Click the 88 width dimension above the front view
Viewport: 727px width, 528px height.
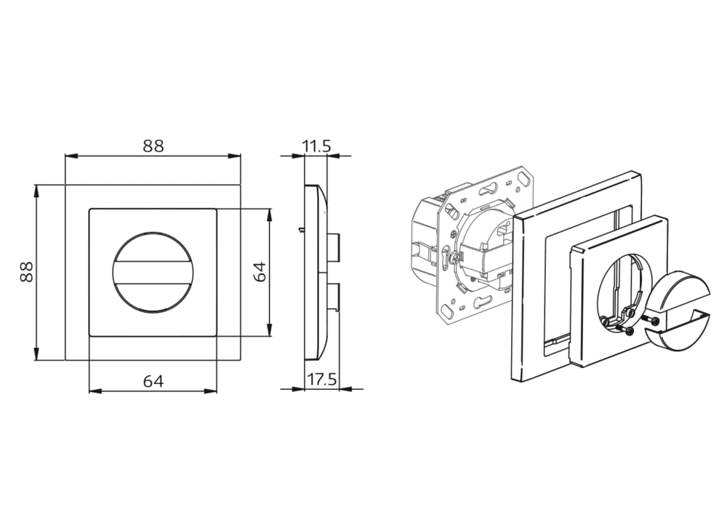[x=153, y=145]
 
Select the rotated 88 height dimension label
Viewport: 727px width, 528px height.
[x=26, y=272]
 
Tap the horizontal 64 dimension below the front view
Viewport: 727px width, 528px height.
[x=153, y=381]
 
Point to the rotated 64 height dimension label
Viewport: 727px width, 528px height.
[x=260, y=271]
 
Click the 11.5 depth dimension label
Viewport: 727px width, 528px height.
[x=317, y=146]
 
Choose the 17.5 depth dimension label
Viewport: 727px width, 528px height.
[x=322, y=380]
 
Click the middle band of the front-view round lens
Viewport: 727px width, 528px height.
[x=153, y=272]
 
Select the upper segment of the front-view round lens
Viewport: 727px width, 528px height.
[x=153, y=247]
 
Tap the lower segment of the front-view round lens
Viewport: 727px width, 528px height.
[x=153, y=297]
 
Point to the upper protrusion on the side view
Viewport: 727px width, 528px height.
[x=334, y=247]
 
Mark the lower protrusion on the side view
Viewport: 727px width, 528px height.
[x=334, y=297]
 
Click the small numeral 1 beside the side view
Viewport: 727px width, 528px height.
[x=300, y=230]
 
